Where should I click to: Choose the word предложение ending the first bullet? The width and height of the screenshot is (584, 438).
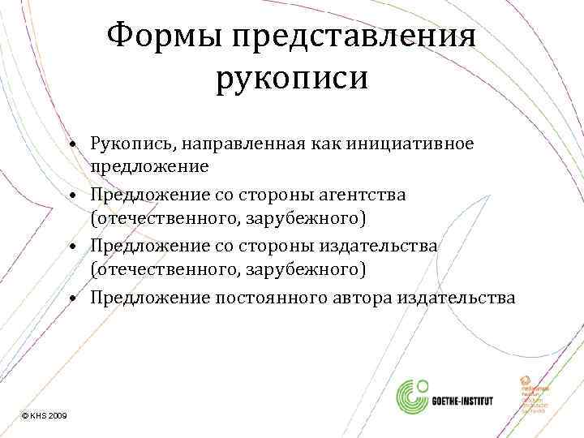[x=150, y=166]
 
